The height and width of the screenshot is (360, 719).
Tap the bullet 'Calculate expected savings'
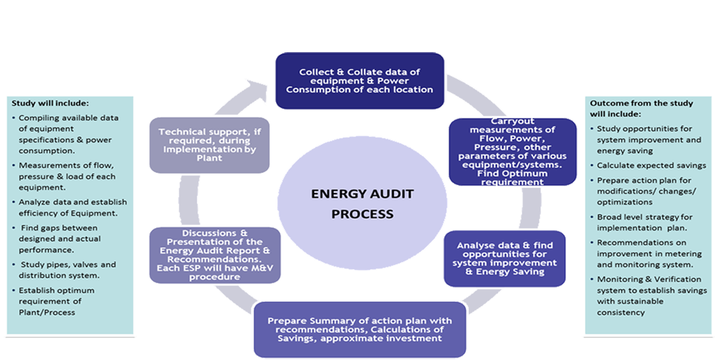(x=651, y=165)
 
